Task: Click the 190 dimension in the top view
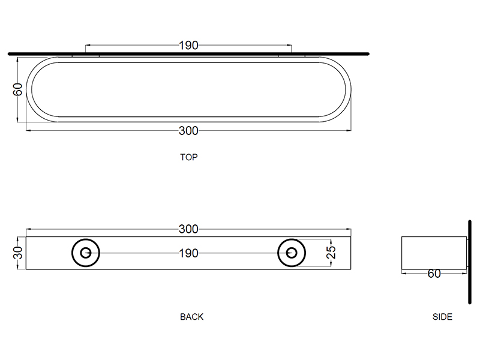pos(188,45)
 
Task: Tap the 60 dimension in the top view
pos(18,89)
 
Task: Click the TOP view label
pos(188,158)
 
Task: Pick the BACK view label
pos(191,317)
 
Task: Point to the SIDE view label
pos(442,317)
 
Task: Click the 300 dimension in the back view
pos(188,229)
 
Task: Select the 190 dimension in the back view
pos(188,253)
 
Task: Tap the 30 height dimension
pos(18,253)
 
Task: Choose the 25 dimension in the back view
pos(331,252)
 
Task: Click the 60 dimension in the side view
pos(434,274)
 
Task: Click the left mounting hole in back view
pos(86,253)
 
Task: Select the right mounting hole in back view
pos(292,253)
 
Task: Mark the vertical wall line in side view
pos(467,262)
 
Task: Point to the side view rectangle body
pos(433,252)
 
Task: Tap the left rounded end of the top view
pos(36,89)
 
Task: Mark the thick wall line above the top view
pos(188,53)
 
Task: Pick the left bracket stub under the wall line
pos(86,56)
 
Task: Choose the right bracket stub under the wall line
pos(292,56)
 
